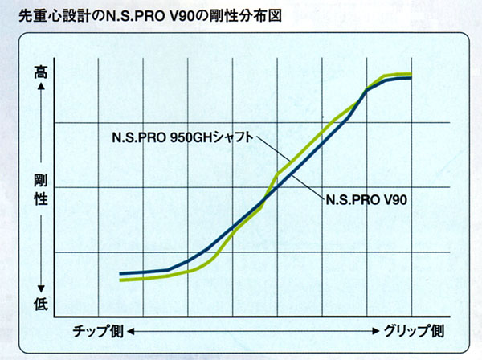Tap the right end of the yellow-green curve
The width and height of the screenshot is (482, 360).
[411, 74]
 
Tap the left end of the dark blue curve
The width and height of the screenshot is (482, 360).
[120, 273]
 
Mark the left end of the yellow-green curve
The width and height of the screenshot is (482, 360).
[120, 280]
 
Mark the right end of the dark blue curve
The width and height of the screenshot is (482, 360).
[411, 78]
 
